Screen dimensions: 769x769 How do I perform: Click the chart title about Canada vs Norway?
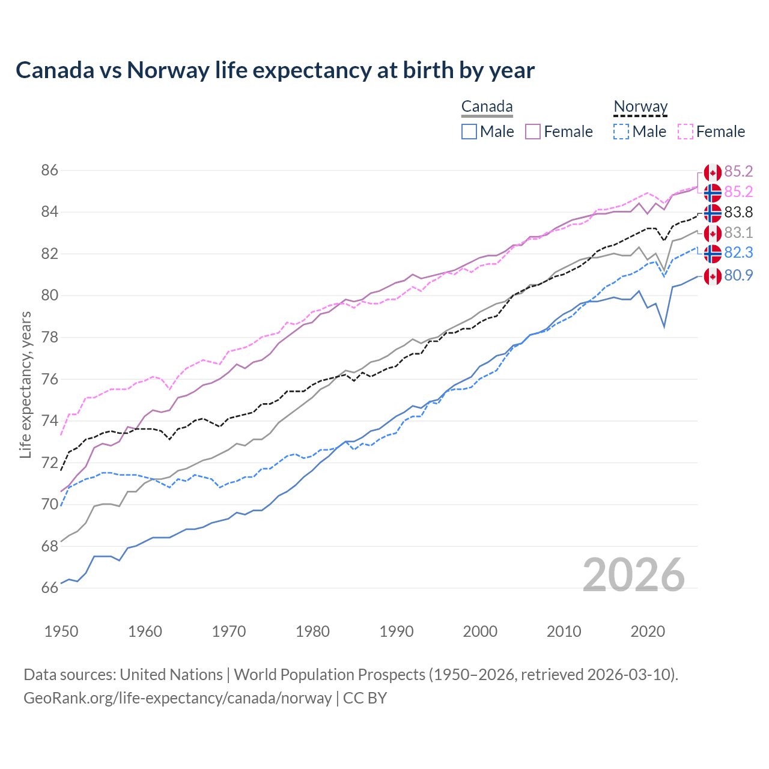click(275, 70)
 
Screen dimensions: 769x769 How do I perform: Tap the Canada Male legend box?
click(469, 132)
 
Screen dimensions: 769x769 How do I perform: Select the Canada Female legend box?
click(533, 132)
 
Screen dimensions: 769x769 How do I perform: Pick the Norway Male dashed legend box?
click(621, 132)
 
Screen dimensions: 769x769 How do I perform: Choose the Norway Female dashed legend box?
click(685, 132)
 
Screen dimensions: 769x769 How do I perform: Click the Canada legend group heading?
click(487, 107)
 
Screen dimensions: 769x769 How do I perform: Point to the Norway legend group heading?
click(640, 107)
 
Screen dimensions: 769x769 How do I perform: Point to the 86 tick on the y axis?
click(50, 171)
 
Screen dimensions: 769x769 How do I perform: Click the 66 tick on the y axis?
click(50, 588)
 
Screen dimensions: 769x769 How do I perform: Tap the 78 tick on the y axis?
click(50, 338)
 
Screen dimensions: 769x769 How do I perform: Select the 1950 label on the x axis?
click(61, 631)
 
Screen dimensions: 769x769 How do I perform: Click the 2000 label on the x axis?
click(480, 631)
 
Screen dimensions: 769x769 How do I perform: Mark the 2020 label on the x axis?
click(647, 631)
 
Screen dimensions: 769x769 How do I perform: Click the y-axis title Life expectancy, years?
click(25, 384)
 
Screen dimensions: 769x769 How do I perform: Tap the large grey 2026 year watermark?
click(633, 575)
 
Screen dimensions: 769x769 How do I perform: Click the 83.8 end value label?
click(738, 213)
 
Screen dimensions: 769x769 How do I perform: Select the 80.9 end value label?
click(738, 276)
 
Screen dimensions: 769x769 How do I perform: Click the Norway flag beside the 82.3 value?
click(713, 254)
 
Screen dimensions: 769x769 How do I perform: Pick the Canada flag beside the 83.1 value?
click(713, 233)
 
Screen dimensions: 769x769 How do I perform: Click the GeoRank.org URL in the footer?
click(178, 698)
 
